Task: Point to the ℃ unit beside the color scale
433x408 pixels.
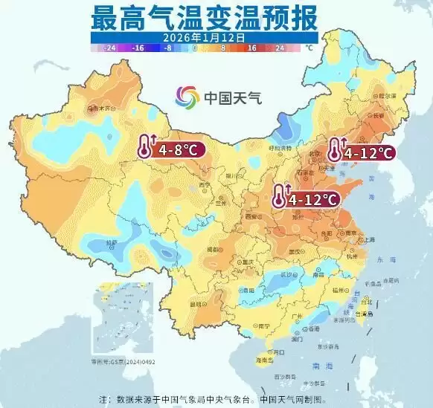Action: coord(309,46)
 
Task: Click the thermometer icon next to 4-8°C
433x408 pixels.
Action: coord(145,146)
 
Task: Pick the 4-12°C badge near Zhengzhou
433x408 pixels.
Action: coord(312,199)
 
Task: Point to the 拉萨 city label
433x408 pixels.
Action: coord(112,243)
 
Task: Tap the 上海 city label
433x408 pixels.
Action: coord(367,240)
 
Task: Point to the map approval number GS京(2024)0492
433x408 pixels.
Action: coord(119,361)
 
